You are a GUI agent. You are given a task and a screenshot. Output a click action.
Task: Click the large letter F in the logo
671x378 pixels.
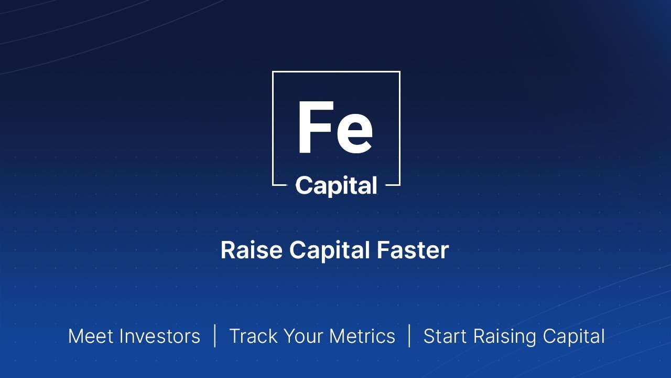pyautogui.click(x=315, y=127)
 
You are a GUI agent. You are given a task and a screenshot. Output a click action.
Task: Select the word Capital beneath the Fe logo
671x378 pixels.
pyautogui.click(x=336, y=186)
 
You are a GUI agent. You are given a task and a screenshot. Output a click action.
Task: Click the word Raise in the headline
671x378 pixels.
pyautogui.click(x=252, y=250)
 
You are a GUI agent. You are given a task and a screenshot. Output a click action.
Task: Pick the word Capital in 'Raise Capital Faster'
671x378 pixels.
pyautogui.click(x=329, y=251)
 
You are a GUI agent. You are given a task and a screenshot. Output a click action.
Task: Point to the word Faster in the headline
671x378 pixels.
pyautogui.click(x=413, y=250)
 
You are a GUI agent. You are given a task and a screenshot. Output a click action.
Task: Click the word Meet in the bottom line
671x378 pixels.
pyautogui.click(x=91, y=336)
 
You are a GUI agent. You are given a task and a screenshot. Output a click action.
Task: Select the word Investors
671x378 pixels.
pyautogui.click(x=160, y=336)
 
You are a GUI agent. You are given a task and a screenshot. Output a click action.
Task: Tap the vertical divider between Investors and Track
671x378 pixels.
pyautogui.click(x=215, y=335)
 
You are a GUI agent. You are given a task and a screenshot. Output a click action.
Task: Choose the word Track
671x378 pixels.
pyautogui.click(x=253, y=336)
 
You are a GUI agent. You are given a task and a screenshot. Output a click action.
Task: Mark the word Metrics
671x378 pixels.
pyautogui.click(x=362, y=336)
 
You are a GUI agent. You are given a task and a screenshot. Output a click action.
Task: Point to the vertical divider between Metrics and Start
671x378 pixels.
pyautogui.click(x=409, y=335)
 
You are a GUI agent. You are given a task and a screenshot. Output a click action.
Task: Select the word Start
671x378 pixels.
pyautogui.click(x=446, y=336)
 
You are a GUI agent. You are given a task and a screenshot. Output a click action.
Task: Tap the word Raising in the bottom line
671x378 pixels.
pyautogui.click(x=505, y=337)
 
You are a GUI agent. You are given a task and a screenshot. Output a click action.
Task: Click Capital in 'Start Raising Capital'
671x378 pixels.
pyautogui.click(x=573, y=337)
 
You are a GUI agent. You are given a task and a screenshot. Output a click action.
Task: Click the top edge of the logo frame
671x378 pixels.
pyautogui.click(x=336, y=72)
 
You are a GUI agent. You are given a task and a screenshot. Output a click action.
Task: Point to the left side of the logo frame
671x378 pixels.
pyautogui.click(x=273, y=129)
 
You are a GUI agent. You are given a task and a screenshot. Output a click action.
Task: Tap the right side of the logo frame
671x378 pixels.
pyautogui.click(x=399, y=129)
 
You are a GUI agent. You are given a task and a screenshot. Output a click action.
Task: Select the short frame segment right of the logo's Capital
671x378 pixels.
pyautogui.click(x=393, y=185)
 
